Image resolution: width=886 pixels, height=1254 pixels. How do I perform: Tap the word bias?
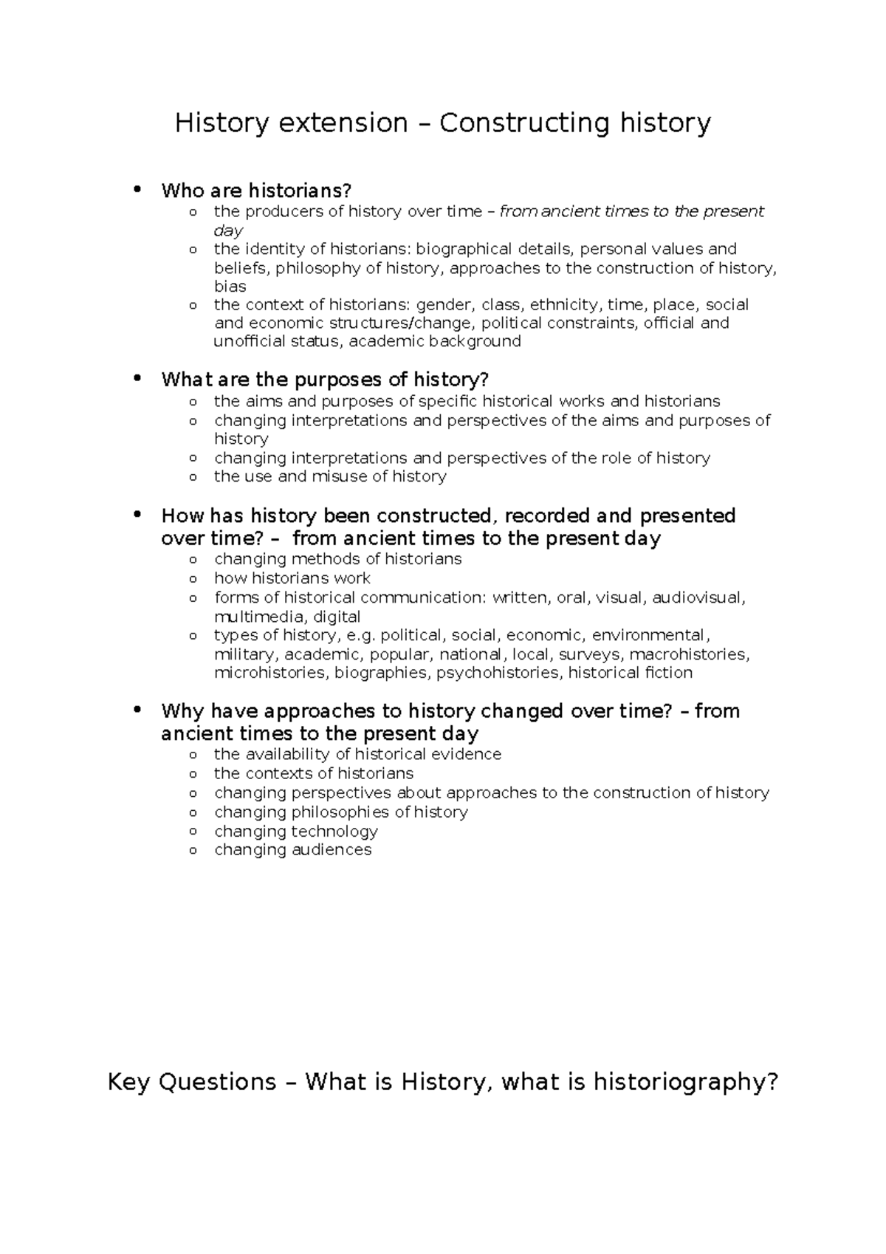click(x=230, y=287)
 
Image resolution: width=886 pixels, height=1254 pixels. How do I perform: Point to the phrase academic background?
click(x=435, y=341)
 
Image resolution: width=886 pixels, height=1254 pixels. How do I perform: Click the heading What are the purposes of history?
click(x=325, y=380)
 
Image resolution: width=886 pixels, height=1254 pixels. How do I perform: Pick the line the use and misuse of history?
click(x=330, y=476)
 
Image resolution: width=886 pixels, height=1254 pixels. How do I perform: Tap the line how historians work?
click(x=292, y=578)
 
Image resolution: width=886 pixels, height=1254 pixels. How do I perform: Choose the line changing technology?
click(x=296, y=831)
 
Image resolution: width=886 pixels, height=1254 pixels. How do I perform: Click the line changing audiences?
click(x=292, y=850)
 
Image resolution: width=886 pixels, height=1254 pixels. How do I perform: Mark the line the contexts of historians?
click(x=314, y=773)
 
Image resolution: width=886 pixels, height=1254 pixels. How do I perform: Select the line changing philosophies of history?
click(x=341, y=812)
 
